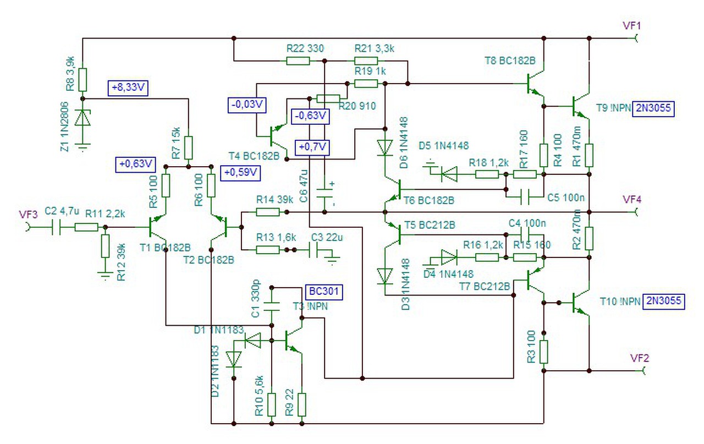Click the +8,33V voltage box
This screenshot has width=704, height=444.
click(x=128, y=88)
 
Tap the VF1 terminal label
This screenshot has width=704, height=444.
click(x=632, y=26)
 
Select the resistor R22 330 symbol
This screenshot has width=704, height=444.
click(x=298, y=61)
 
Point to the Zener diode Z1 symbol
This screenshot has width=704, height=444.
click(x=82, y=118)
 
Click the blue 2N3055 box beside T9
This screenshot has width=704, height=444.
click(x=653, y=109)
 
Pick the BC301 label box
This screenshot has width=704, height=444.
click(x=324, y=292)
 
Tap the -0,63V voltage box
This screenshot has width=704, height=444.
click(x=310, y=116)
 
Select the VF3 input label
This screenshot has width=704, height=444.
click(x=28, y=215)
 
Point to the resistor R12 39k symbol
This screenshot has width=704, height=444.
click(x=105, y=246)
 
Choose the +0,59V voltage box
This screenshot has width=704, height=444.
click(x=240, y=173)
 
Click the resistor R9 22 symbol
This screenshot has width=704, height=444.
click(x=302, y=404)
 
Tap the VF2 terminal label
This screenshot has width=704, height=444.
click(x=639, y=358)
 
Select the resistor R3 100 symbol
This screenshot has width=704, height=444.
click(x=544, y=352)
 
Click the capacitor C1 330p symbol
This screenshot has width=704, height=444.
click(x=272, y=306)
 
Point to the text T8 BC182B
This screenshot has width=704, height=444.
click(x=510, y=61)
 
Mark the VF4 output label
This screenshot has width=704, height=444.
click(x=632, y=200)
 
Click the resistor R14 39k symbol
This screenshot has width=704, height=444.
click(x=268, y=212)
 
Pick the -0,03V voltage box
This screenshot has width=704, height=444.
click(x=247, y=105)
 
